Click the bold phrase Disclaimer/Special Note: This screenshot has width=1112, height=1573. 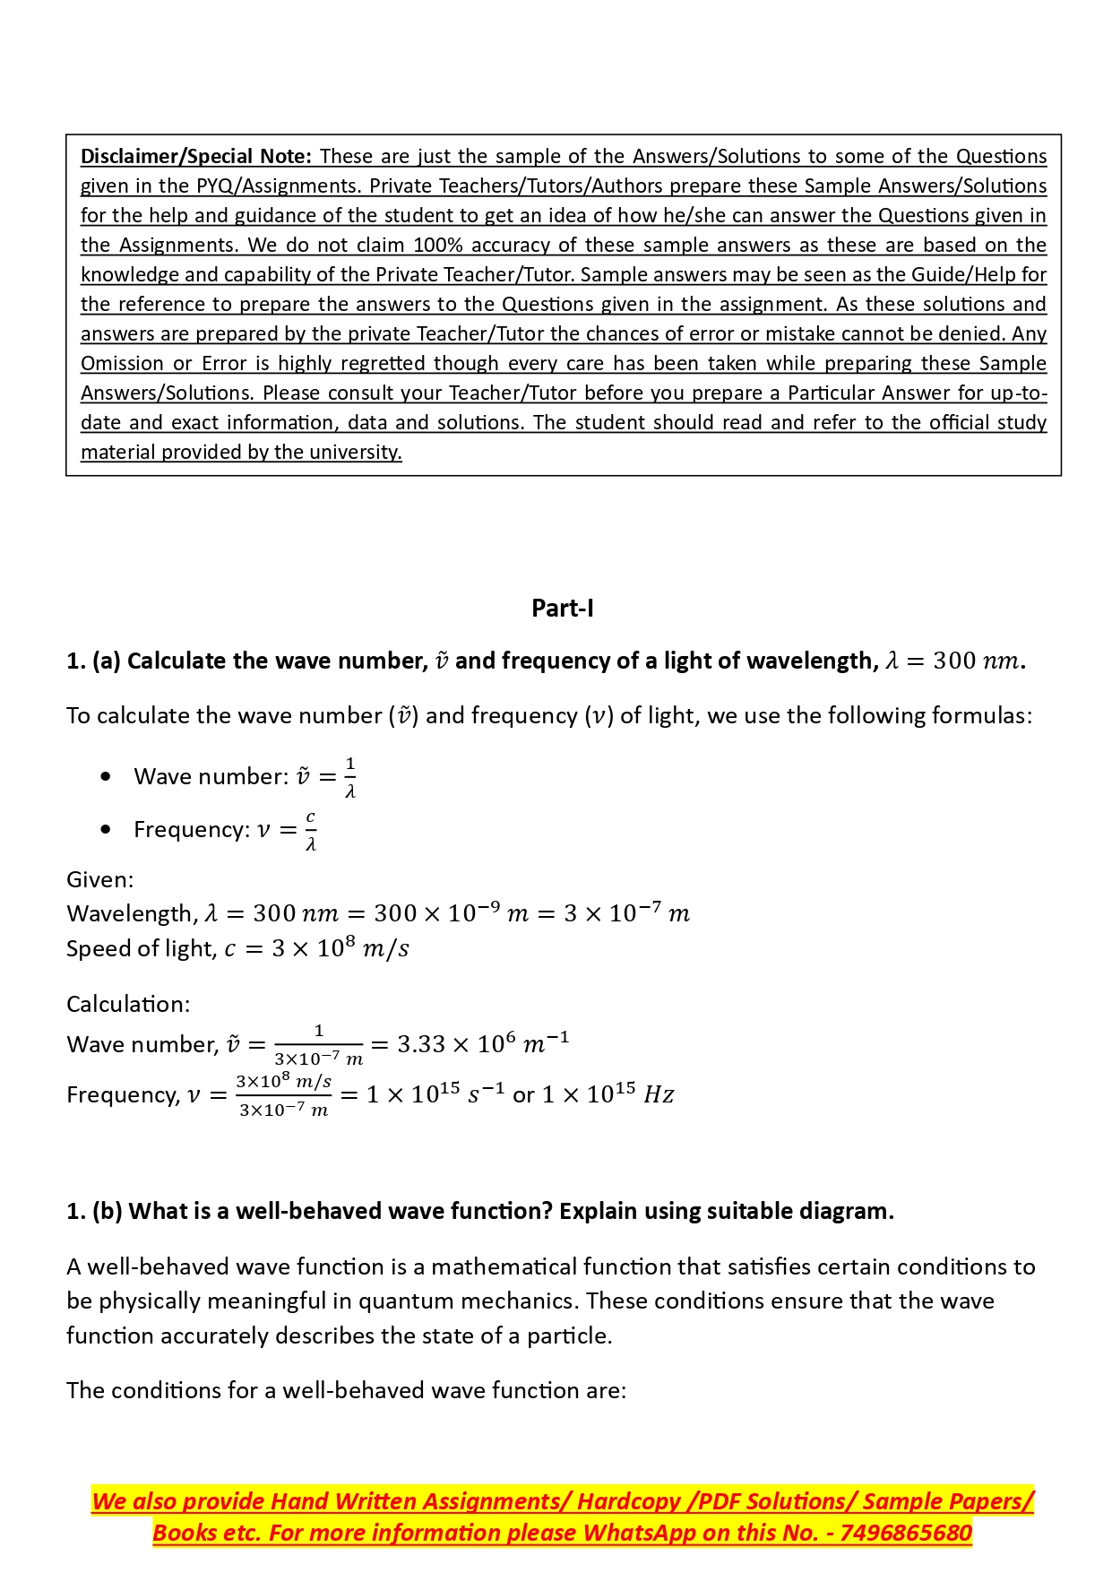pos(195,157)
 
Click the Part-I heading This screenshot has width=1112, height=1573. pos(562,609)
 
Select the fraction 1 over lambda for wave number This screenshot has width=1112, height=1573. pos(349,777)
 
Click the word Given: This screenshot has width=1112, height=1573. pos(99,880)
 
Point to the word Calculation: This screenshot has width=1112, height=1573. pos(128,1005)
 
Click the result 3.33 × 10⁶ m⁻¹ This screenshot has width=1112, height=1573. pos(482,1044)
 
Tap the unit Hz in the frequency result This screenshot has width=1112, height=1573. pos(659,1095)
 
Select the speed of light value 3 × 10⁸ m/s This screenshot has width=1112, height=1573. pos(340,949)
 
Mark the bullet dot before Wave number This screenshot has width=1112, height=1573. pos(107,777)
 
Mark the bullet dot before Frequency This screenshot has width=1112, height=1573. pos(107,830)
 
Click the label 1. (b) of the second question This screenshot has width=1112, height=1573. pos(94,1212)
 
